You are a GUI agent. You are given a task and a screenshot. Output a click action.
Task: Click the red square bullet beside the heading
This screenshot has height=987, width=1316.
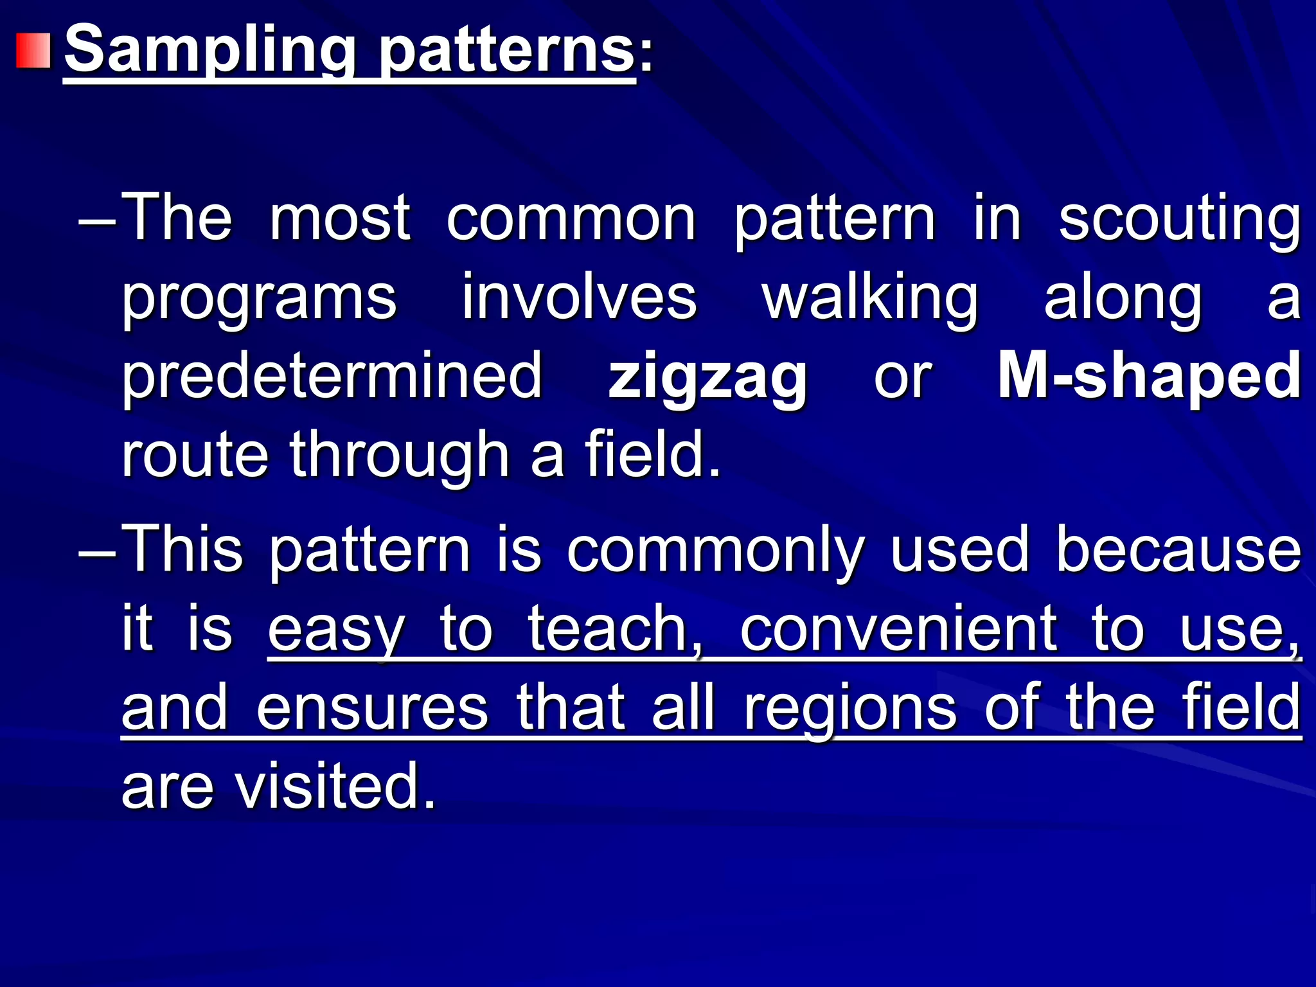pos(33,51)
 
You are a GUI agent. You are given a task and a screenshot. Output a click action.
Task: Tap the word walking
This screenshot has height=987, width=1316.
pos(870,298)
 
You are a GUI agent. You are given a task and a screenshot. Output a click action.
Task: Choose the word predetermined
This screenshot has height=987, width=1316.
pos(333,377)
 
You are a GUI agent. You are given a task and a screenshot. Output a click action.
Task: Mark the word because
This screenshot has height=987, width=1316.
pos(1178,551)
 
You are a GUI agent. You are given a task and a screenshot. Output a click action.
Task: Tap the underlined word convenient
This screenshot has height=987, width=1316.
pos(898,630)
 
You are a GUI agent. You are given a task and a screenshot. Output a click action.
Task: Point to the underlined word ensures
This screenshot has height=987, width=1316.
pos(372,709)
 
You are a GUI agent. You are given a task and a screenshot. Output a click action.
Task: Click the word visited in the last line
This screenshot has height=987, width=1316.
pos(335,788)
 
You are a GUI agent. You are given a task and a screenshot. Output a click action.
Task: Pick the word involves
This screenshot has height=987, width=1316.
pos(580,298)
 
